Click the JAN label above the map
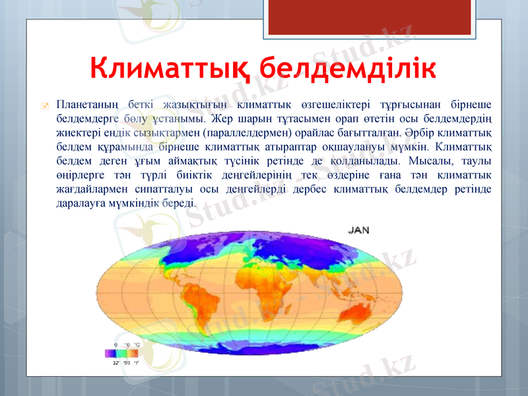tap(358, 230)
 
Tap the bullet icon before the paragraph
tap(43, 106)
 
